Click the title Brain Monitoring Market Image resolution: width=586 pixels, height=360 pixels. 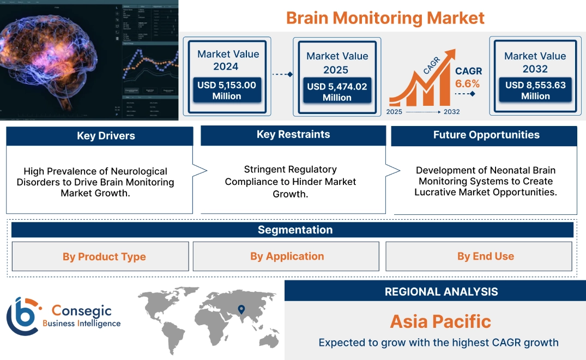coord(385,17)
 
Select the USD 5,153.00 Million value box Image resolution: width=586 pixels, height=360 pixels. coord(226,90)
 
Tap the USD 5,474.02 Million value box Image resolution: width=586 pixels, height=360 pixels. coord(337,92)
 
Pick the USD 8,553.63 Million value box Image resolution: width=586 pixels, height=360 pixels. coord(535,90)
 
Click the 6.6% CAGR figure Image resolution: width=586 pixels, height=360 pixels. coord(468,83)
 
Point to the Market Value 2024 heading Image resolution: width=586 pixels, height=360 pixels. coord(228,60)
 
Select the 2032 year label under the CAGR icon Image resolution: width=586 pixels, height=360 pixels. coord(451,112)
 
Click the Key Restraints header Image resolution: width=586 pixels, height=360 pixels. coord(293,135)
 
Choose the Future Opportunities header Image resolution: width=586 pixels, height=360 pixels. coord(486,135)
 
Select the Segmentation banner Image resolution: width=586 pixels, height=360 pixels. coord(295,230)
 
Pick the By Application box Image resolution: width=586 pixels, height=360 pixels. coord(287,256)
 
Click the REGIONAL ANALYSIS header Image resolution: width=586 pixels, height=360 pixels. coord(441,291)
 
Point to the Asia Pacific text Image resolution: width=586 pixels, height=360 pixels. coord(440,321)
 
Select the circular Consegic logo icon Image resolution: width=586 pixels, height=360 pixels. coord(23,317)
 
